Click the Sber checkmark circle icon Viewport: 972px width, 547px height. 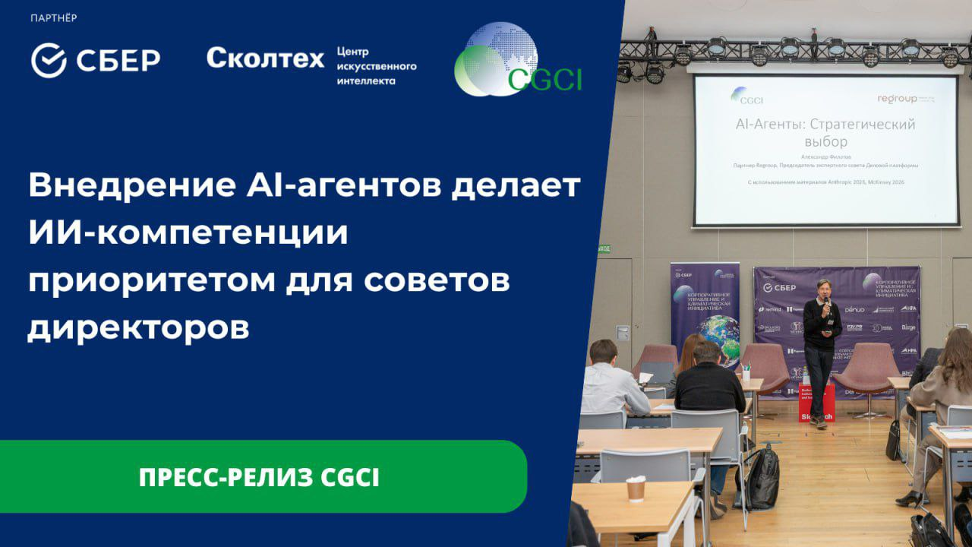pos(49,61)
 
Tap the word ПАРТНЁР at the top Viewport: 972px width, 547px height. pos(54,17)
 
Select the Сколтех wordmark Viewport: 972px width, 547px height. pos(265,58)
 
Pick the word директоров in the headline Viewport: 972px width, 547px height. pos(138,328)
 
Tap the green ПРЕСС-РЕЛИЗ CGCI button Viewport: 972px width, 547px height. pos(259,477)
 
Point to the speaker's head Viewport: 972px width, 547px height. pos(822,287)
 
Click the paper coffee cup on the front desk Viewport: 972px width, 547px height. pos(636,489)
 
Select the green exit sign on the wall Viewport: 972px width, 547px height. pos(603,248)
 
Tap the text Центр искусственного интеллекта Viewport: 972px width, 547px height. pos(376,66)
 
